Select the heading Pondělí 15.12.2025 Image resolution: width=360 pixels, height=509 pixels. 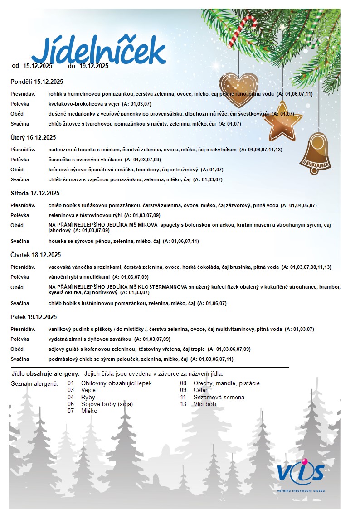pyautogui.click(x=37, y=82)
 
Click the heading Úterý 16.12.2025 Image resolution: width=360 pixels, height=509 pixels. pyautogui.click(x=33, y=137)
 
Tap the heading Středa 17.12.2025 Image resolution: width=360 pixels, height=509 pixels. pyautogui.click(x=35, y=193)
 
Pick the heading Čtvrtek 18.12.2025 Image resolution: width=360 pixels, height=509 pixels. pyautogui.click(x=36, y=255)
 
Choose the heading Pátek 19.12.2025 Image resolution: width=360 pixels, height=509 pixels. pyautogui.click(x=34, y=317)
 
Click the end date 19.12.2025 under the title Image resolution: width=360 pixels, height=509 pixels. pyautogui.click(x=94, y=66)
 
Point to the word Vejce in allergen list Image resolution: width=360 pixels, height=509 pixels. pyautogui.click(x=88, y=390)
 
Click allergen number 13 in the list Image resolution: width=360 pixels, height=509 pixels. pyautogui.click(x=183, y=404)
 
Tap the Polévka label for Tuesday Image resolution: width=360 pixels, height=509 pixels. pyautogui.click(x=20, y=160)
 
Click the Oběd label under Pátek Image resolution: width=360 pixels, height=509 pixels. pyautogui.click(x=17, y=349)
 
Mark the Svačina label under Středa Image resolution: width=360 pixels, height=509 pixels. pyautogui.click(x=20, y=241)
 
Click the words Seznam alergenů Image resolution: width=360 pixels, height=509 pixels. pyautogui.click(x=34, y=383)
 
